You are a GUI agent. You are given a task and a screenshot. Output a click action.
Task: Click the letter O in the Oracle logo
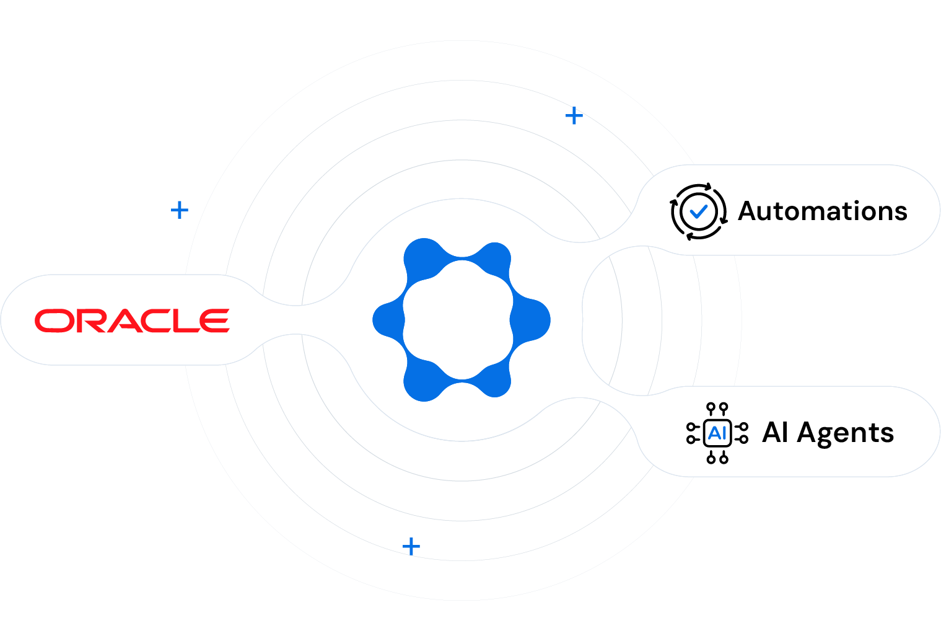tap(54, 320)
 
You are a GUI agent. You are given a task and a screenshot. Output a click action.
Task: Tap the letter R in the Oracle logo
tap(92, 320)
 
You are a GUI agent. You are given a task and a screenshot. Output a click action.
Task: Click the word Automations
tap(823, 211)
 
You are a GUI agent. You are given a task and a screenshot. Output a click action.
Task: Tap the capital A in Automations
tap(749, 211)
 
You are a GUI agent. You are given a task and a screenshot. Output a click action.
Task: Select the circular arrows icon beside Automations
tap(698, 211)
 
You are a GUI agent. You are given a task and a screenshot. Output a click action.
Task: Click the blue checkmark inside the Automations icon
tap(699, 211)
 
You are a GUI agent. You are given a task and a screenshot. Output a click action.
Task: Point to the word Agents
tap(846, 433)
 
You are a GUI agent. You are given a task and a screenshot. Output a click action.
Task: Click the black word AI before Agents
tap(775, 432)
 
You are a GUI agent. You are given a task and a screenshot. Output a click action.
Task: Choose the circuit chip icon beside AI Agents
tap(717, 433)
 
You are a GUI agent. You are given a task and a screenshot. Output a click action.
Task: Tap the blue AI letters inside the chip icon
tap(717, 433)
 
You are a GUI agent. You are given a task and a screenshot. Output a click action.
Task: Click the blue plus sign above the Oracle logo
tap(180, 210)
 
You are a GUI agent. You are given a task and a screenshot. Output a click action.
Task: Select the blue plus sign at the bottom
tap(411, 546)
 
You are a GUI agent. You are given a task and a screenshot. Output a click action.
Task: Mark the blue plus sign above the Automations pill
tap(574, 115)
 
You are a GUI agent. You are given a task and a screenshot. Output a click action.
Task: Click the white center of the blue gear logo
tap(458, 319)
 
